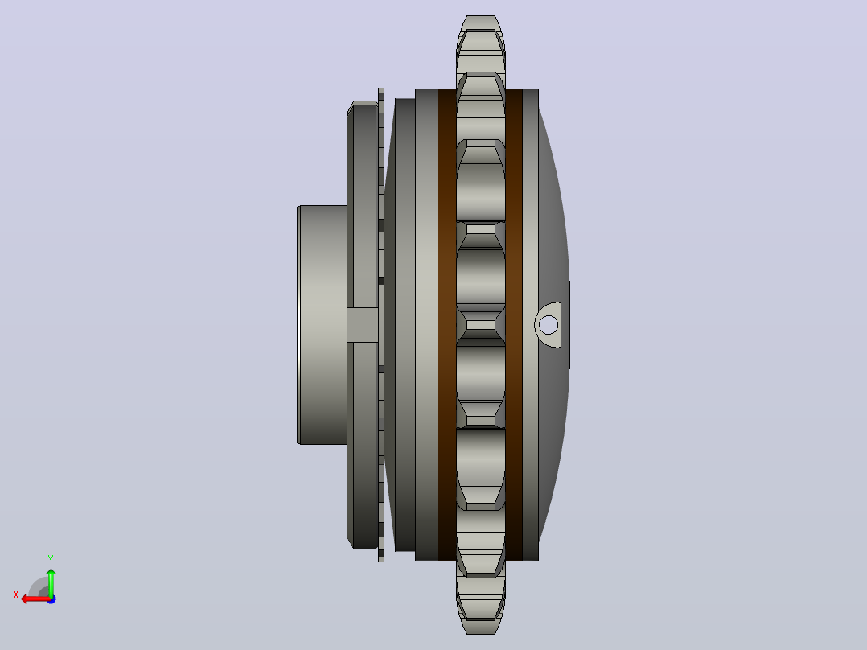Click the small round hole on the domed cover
click(549, 325)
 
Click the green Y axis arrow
click(51, 582)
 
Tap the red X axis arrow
click(36, 599)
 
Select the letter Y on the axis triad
click(51, 559)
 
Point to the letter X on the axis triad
click(16, 594)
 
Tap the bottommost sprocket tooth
click(480, 606)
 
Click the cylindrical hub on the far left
click(323, 325)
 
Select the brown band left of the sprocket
click(447, 325)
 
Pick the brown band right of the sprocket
click(514, 325)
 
